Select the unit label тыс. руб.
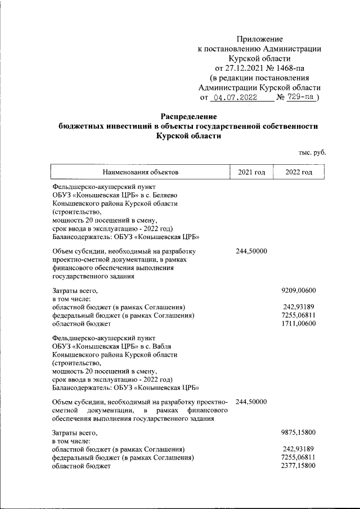point(312,152)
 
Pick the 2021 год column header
point(251,172)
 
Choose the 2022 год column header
point(299,172)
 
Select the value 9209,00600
point(298,290)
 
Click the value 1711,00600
point(298,324)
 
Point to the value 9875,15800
point(298,433)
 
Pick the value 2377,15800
point(298,466)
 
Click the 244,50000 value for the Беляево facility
point(251,251)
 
